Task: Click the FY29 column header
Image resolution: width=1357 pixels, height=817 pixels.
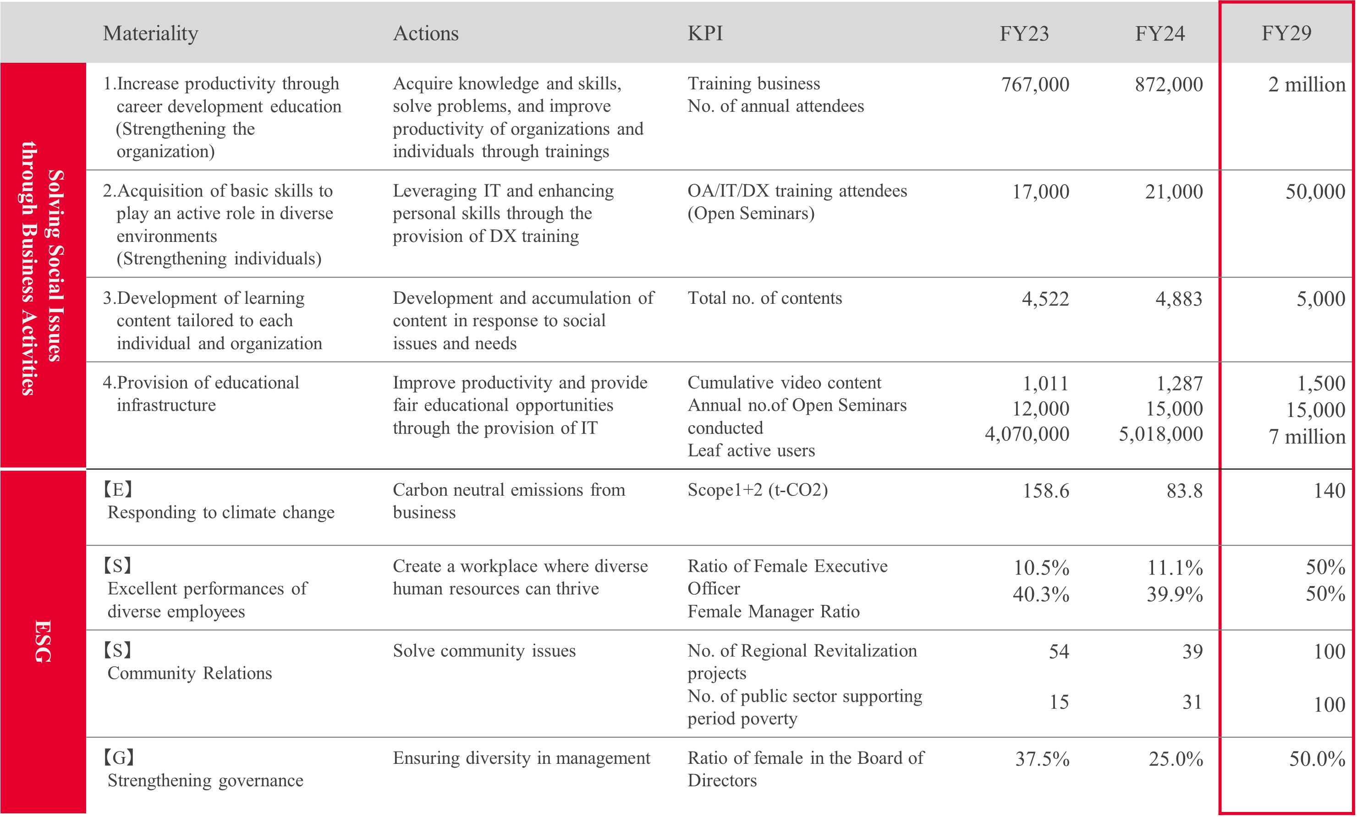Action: [1286, 33]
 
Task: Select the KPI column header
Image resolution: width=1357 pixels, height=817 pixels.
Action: [705, 33]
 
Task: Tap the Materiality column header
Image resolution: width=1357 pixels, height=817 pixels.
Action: [150, 33]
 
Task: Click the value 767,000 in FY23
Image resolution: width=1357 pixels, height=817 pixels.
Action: [1035, 84]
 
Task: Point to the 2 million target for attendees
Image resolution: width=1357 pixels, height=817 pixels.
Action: [1306, 84]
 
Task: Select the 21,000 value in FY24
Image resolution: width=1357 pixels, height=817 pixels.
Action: [1174, 192]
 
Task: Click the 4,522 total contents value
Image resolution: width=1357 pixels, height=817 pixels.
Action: [1045, 299]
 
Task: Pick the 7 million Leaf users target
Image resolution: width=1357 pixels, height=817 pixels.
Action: [1306, 437]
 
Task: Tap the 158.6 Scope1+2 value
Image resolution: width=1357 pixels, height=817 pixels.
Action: [1045, 491]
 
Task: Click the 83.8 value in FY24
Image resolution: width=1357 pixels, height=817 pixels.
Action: [1184, 491]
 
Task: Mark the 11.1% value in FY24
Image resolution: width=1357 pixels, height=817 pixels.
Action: [1175, 568]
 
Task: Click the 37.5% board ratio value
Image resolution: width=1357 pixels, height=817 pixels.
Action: [1042, 759]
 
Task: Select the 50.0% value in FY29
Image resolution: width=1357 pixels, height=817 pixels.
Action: [1317, 759]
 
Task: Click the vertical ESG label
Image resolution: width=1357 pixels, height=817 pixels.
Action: [43, 642]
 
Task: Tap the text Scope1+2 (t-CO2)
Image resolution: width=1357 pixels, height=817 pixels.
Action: [758, 489]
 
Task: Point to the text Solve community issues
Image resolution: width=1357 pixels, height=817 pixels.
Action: [484, 651]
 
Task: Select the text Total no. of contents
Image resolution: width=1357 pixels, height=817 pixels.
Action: [764, 298]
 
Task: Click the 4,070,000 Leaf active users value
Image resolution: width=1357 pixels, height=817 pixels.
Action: [1027, 434]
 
